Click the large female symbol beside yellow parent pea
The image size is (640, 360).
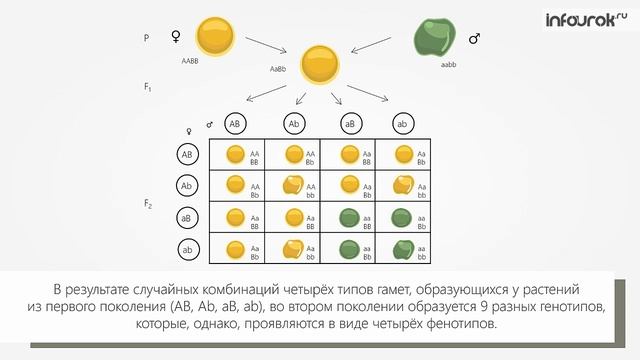point(176,37)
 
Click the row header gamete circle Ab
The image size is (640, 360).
point(188,185)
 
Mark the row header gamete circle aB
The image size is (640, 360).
point(188,217)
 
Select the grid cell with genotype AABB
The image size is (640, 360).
point(243,154)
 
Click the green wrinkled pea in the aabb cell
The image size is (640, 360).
point(402,248)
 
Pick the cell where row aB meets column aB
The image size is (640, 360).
point(355,217)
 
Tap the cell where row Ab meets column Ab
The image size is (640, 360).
point(300,185)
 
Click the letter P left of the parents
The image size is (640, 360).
point(147,37)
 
